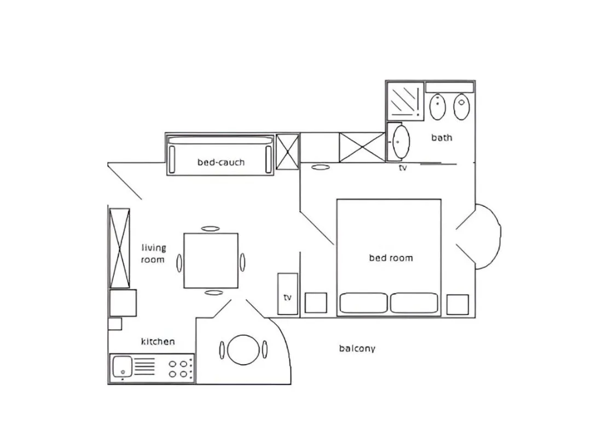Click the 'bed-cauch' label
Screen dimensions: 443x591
click(221, 162)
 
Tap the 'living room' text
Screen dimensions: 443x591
click(153, 254)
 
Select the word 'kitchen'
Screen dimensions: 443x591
click(158, 341)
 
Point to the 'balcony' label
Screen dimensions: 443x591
click(357, 348)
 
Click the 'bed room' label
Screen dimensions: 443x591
click(391, 258)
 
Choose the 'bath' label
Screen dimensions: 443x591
click(442, 137)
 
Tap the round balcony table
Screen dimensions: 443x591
click(242, 349)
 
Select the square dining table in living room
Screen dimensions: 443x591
click(211, 260)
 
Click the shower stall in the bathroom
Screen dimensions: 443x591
click(405, 100)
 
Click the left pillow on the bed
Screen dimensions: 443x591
click(363, 303)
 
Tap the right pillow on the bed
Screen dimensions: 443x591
click(414, 303)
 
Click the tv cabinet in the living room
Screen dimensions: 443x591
click(288, 294)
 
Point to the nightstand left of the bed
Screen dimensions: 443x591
click(316, 303)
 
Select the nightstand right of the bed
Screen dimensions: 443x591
click(457, 305)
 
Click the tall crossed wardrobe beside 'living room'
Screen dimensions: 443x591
click(120, 248)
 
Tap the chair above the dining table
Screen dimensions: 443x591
click(210, 229)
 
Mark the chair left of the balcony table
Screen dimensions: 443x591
click(222, 349)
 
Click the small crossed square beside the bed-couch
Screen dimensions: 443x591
click(287, 151)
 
